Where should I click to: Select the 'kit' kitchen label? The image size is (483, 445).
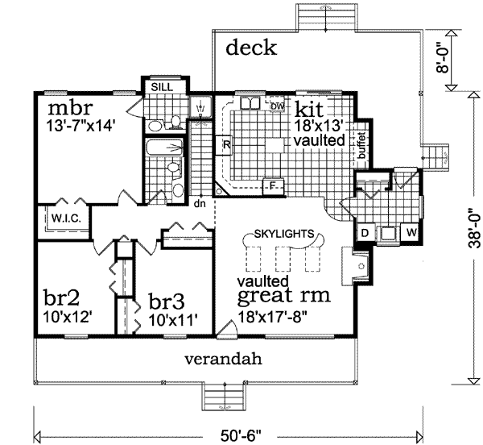click(x=308, y=108)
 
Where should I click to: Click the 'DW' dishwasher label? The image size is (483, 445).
click(x=277, y=106)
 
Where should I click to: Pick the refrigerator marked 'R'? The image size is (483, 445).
click(x=227, y=146)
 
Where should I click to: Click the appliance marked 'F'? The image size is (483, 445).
click(x=273, y=184)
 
